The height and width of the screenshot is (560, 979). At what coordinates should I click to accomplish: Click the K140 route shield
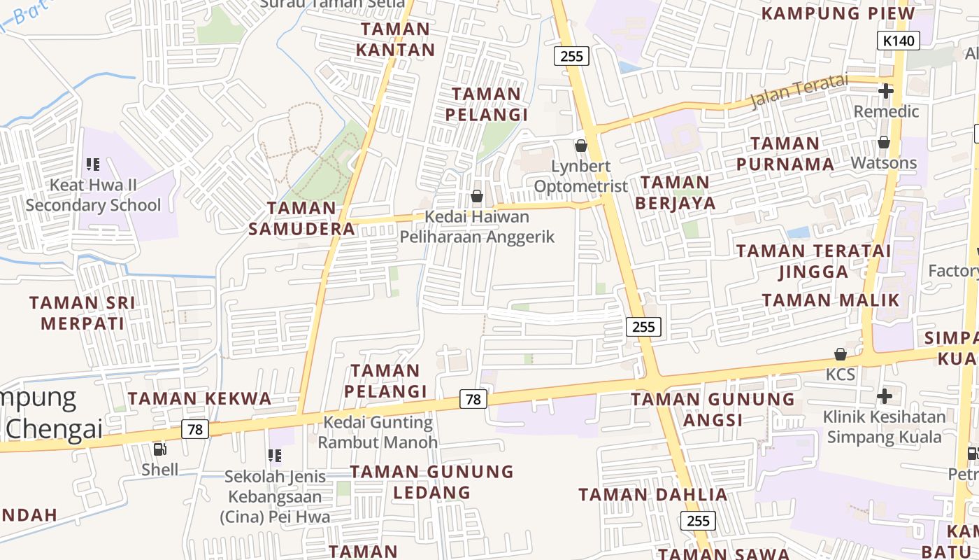point(899,41)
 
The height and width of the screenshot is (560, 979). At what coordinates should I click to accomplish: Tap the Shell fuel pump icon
point(159,449)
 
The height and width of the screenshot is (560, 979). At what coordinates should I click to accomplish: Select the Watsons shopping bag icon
point(884,142)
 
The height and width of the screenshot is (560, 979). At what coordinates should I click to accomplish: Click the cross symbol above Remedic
point(885,91)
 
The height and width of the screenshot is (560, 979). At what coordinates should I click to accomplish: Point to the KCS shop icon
point(840,354)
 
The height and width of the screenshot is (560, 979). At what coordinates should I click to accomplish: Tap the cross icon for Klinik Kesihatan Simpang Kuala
point(885,396)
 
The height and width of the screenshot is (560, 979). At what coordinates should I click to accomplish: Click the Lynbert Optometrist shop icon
point(580,146)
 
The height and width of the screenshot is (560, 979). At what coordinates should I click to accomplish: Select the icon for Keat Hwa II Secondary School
point(93,164)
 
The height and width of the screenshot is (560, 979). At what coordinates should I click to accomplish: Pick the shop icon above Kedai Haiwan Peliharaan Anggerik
point(477,196)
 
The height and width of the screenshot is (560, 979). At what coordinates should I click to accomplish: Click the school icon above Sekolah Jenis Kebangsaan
point(275,456)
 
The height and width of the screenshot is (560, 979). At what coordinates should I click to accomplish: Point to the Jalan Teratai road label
point(798,92)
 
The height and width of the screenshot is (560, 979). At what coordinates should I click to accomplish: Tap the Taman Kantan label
point(395,39)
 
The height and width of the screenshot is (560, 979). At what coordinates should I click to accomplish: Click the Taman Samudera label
point(302,218)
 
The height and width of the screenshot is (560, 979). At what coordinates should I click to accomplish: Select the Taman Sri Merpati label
point(83,313)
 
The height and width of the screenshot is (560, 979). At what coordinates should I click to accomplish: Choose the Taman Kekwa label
point(199,399)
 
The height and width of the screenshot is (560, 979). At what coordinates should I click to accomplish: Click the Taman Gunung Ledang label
point(431,482)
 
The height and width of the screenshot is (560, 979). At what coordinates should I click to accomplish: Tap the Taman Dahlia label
point(653,495)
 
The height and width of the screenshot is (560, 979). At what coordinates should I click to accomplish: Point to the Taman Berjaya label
point(675,192)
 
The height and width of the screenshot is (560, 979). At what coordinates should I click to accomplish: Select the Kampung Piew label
point(838,13)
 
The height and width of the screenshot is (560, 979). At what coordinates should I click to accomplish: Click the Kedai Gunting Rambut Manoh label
point(378,432)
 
